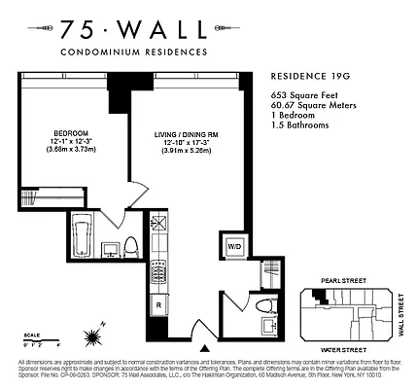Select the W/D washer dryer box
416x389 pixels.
pyautogui.click(x=233, y=247)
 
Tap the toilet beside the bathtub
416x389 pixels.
pyautogui.click(x=130, y=246)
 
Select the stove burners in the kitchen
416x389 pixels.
pyautogui.click(x=161, y=265)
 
